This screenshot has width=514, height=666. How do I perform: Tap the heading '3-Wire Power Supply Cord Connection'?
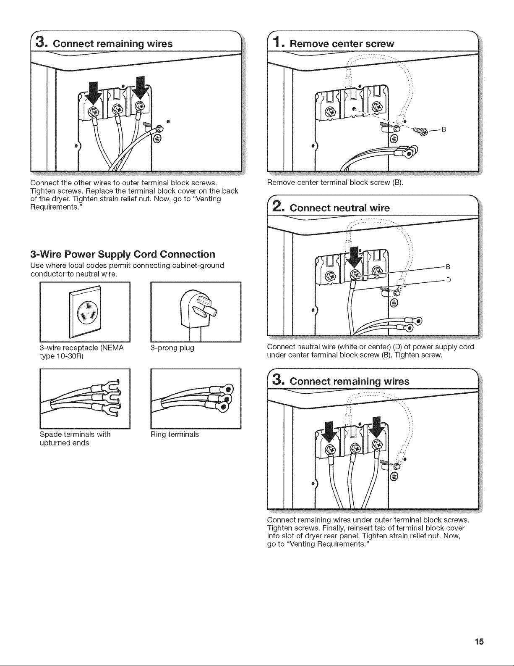123,254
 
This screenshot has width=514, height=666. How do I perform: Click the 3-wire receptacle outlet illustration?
85,312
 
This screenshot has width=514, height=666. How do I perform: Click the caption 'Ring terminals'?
175,434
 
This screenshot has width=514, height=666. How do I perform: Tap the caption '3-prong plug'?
172,348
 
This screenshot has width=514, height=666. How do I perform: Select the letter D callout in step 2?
448,280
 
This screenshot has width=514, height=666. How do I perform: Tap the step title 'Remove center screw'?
342,44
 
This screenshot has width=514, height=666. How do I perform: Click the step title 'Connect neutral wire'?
339,208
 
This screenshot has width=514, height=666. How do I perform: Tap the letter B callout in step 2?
448,267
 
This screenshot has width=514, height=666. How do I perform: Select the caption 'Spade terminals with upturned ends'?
75,439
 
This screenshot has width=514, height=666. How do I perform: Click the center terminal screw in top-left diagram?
117,108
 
